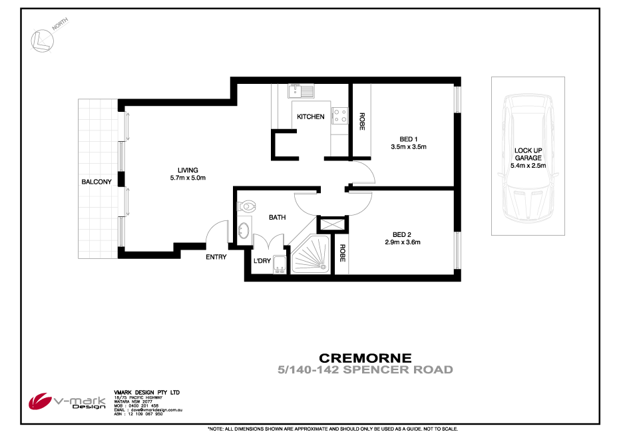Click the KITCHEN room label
tap(310, 116)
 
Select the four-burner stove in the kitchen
tap(340, 116)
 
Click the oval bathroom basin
tap(244, 231)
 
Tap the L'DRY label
tap(262, 261)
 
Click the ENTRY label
tap(216, 257)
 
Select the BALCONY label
tap(96, 182)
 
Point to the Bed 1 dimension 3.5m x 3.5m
tap(408, 146)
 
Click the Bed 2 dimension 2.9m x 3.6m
tap(403, 242)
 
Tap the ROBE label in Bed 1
tap(362, 120)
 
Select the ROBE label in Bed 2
tap(341, 254)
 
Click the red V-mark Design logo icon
tap(39, 401)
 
